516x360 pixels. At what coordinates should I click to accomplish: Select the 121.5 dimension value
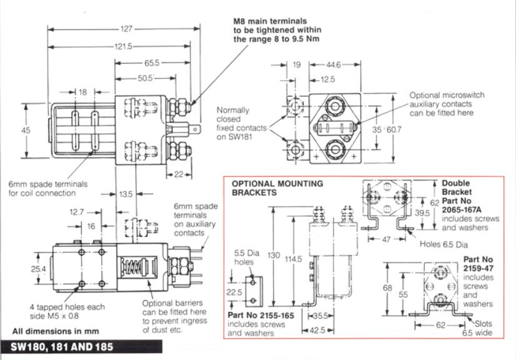(122, 47)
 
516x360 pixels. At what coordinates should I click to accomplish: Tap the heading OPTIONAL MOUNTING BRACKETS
(277, 188)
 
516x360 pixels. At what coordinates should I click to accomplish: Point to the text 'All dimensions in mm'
(55, 331)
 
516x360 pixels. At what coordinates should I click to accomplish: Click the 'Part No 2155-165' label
(261, 316)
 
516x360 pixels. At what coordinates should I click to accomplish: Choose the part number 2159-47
(478, 267)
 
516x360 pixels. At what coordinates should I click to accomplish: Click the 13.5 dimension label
(126, 194)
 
